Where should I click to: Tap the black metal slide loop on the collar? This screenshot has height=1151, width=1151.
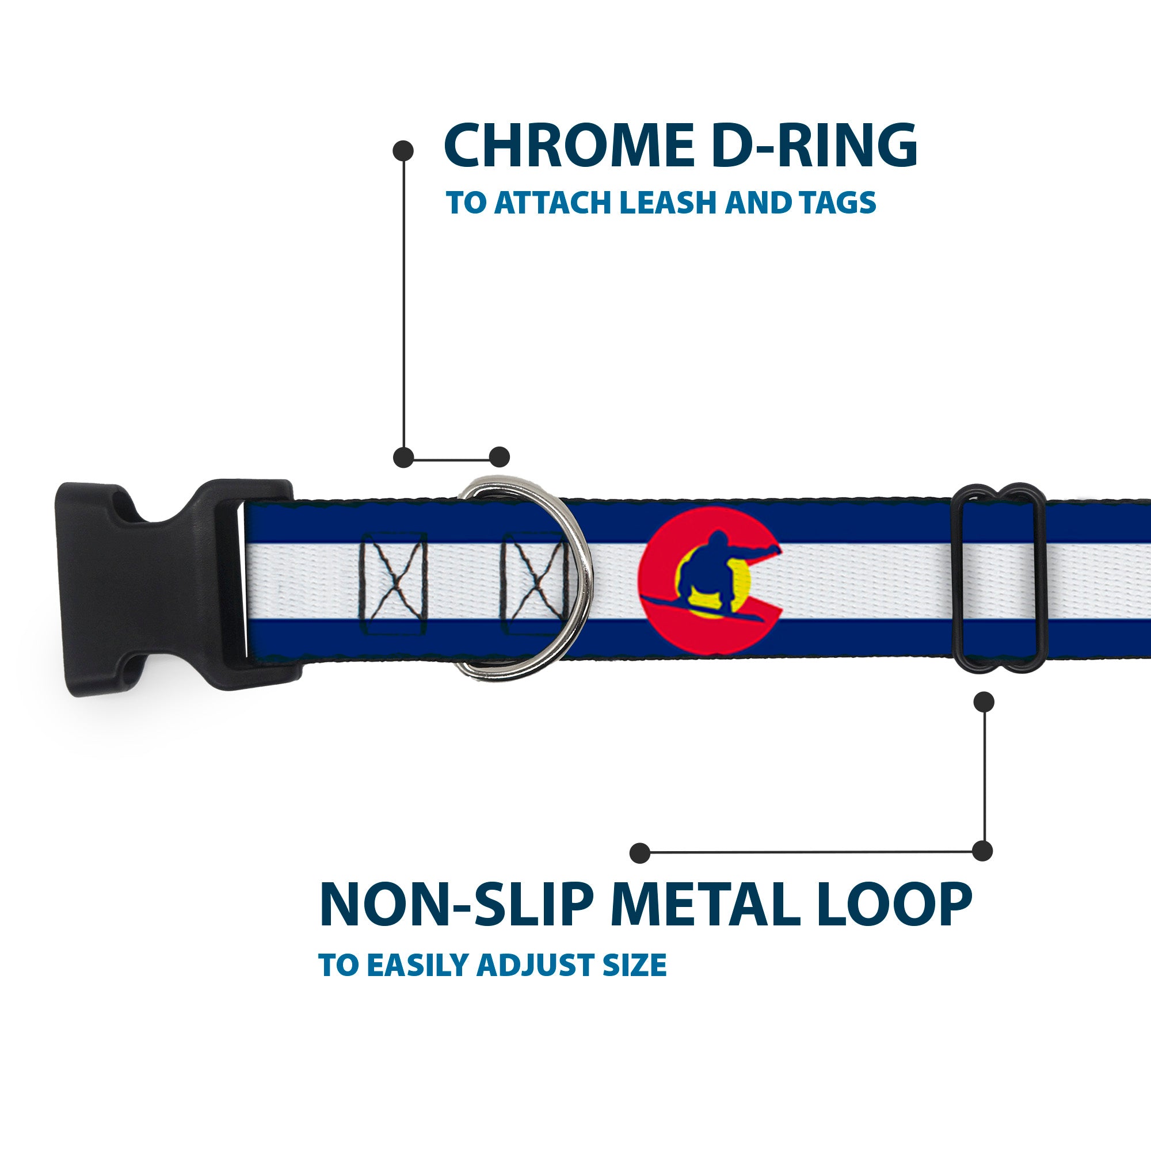pos(1000,578)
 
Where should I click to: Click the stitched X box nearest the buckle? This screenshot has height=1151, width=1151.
pos(394,582)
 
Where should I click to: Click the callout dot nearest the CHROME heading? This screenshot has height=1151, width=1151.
pos(403,151)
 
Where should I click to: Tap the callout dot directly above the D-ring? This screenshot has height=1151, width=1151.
pos(499,457)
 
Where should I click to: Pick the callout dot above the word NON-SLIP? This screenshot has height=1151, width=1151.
pos(640,852)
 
